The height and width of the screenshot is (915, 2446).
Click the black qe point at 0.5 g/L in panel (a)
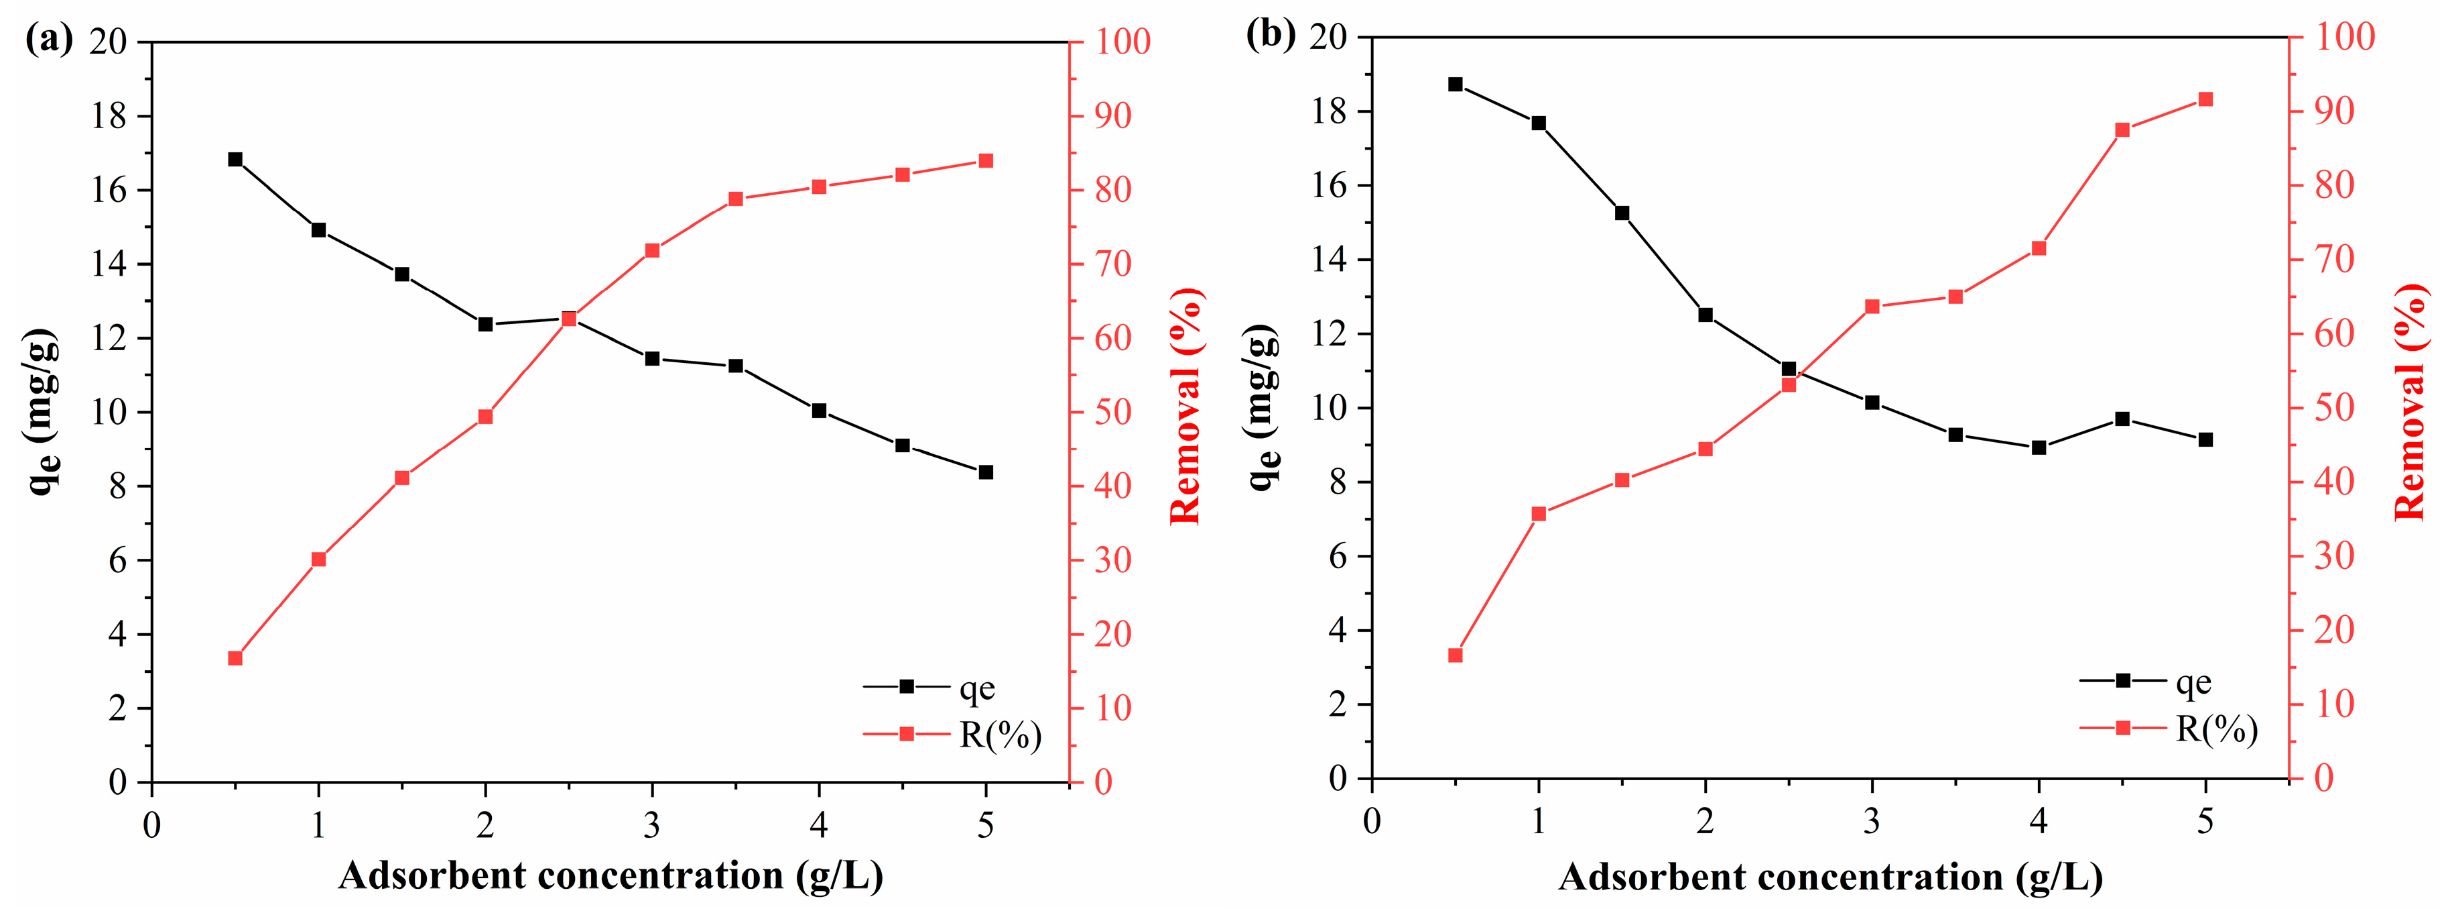(x=235, y=160)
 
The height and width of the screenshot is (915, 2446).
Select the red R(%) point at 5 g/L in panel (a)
(x=986, y=162)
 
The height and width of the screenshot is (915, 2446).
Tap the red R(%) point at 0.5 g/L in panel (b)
(x=1456, y=655)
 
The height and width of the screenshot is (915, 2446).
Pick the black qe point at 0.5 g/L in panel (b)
(x=1456, y=85)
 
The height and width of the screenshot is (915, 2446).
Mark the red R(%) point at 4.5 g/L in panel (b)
(x=2122, y=130)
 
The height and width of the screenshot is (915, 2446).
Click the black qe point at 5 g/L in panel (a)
(x=986, y=472)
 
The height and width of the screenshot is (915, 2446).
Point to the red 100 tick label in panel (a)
(x=1122, y=41)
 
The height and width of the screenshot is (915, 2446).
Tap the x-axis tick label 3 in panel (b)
(x=1872, y=821)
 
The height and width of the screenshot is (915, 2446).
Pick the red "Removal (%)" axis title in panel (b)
(x=2409, y=402)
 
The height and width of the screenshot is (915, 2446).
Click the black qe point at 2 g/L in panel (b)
(x=1705, y=315)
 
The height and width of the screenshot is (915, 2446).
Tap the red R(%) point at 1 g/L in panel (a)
(x=319, y=559)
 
